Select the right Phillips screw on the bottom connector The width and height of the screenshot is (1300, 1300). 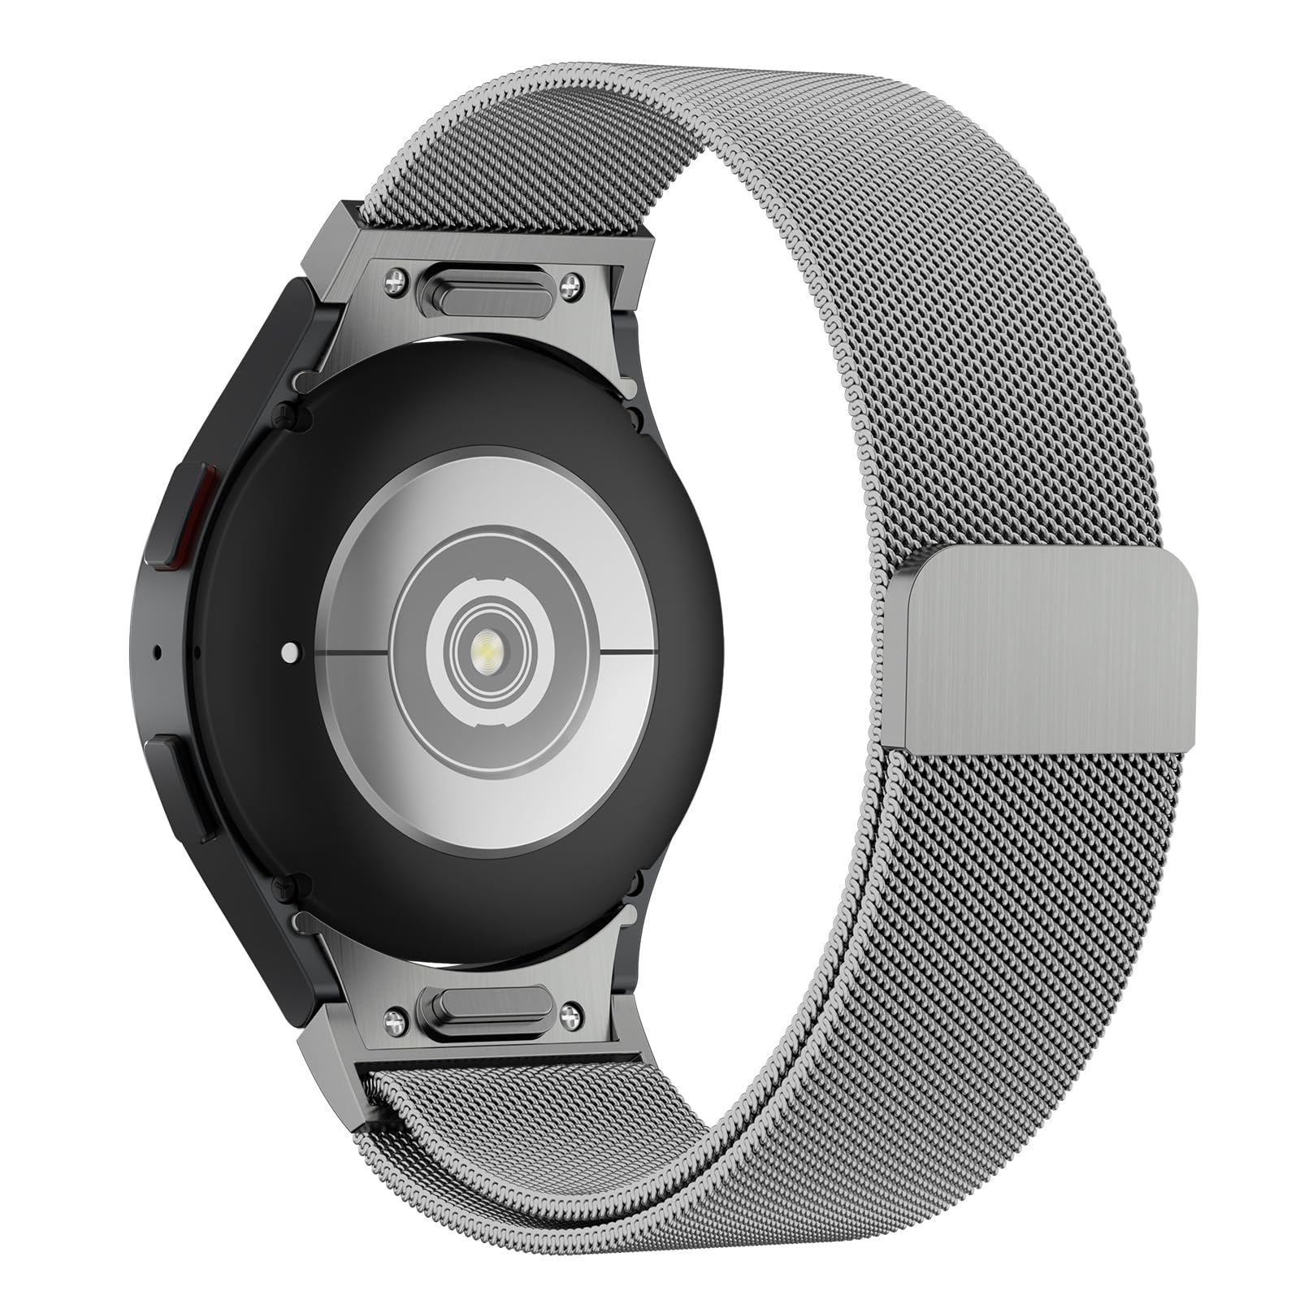[574, 1012]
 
